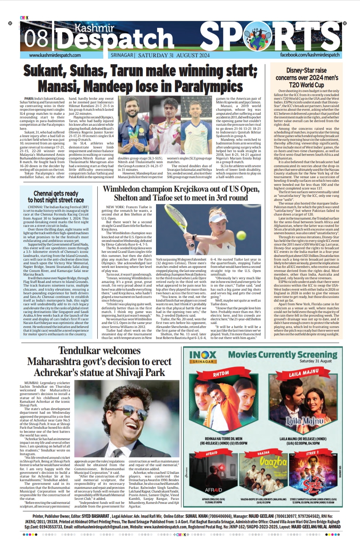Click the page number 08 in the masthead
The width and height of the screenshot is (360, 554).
pos(36,38)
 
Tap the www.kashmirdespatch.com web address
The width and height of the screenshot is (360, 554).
pos(55,55)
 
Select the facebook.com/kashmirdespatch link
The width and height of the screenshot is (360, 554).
pos(310,55)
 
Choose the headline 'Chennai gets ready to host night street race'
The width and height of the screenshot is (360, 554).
pos(56,196)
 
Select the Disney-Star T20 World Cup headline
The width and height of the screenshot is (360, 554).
pos(307,77)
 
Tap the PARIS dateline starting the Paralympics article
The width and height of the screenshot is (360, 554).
pos(29,99)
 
